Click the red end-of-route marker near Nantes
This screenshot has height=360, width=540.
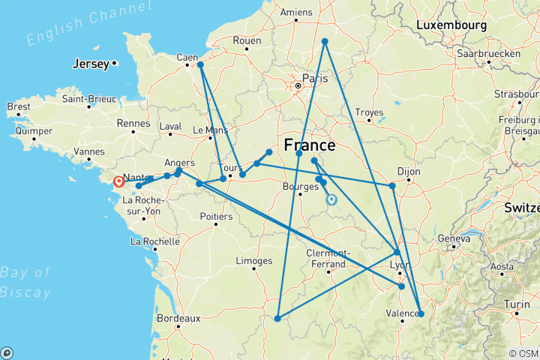pyautogui.click(x=118, y=181)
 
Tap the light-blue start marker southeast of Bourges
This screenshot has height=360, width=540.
pyautogui.click(x=331, y=199)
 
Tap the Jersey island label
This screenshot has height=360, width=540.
pyautogui.click(x=90, y=64)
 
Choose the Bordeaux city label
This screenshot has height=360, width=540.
pyautogui.click(x=178, y=318)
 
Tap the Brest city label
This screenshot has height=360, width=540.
pyautogui.click(x=18, y=106)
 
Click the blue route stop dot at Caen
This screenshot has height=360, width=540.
pyautogui.click(x=200, y=64)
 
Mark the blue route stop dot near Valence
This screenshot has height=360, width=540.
pyautogui.click(x=420, y=314)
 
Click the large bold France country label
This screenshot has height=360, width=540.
pyautogui.click(x=309, y=145)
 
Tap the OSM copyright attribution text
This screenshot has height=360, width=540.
pyautogui.click(x=523, y=353)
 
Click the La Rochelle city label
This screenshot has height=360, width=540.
pyautogui.click(x=154, y=241)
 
